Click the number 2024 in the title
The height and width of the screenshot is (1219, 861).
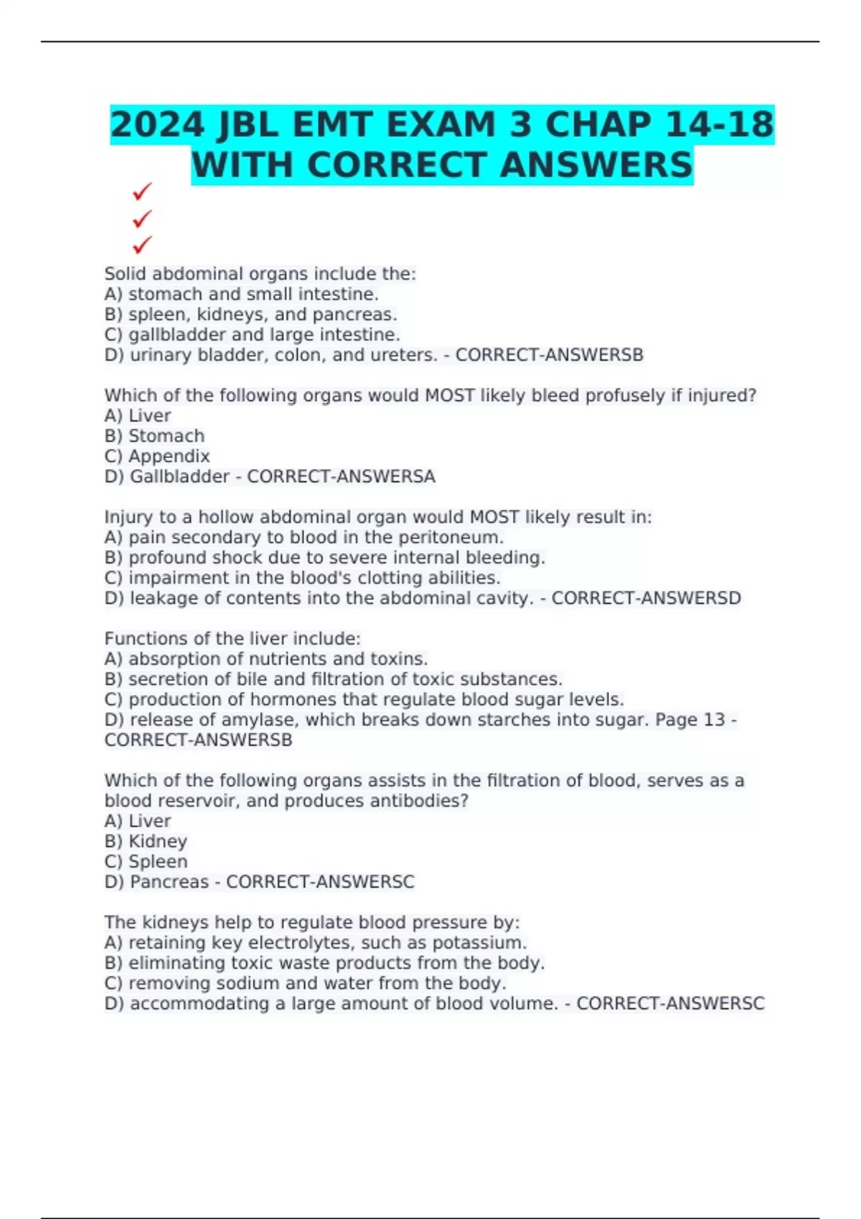tap(157, 125)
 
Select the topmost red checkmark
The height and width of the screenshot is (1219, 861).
tap(142, 191)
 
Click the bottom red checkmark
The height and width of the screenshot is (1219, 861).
tap(142, 245)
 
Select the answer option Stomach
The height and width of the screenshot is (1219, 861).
tap(166, 436)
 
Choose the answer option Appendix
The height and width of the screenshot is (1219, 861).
tap(169, 456)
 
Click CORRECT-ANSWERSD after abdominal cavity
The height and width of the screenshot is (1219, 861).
tap(646, 598)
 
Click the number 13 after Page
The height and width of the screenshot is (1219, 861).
tap(714, 720)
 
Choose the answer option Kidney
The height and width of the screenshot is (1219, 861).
tap(158, 841)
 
